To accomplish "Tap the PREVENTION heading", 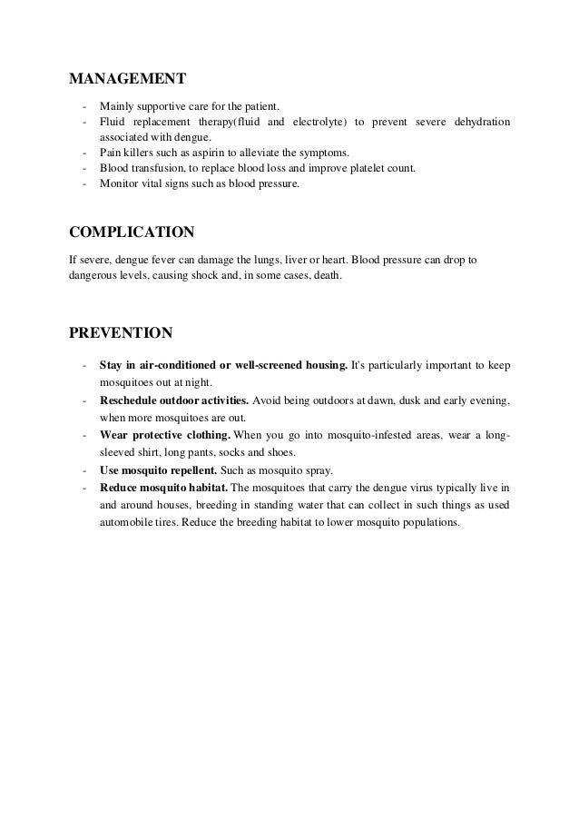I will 122,332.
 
